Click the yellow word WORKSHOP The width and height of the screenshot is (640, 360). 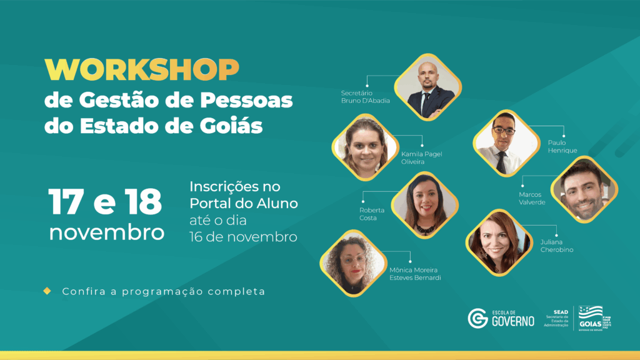[141, 69]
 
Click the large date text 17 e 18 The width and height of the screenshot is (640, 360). [105, 201]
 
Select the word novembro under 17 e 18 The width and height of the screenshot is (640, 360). [107, 232]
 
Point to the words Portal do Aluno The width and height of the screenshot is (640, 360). [244, 204]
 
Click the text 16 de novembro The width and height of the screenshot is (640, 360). [243, 237]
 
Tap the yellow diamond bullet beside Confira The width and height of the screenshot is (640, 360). [47, 291]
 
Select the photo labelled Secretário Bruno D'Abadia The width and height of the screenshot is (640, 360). [429, 87]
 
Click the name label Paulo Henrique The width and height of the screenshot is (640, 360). [562, 146]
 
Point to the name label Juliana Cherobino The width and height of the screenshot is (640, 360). [557, 246]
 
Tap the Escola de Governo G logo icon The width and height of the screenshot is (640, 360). [478, 318]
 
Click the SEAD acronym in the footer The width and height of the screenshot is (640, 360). [561, 311]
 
